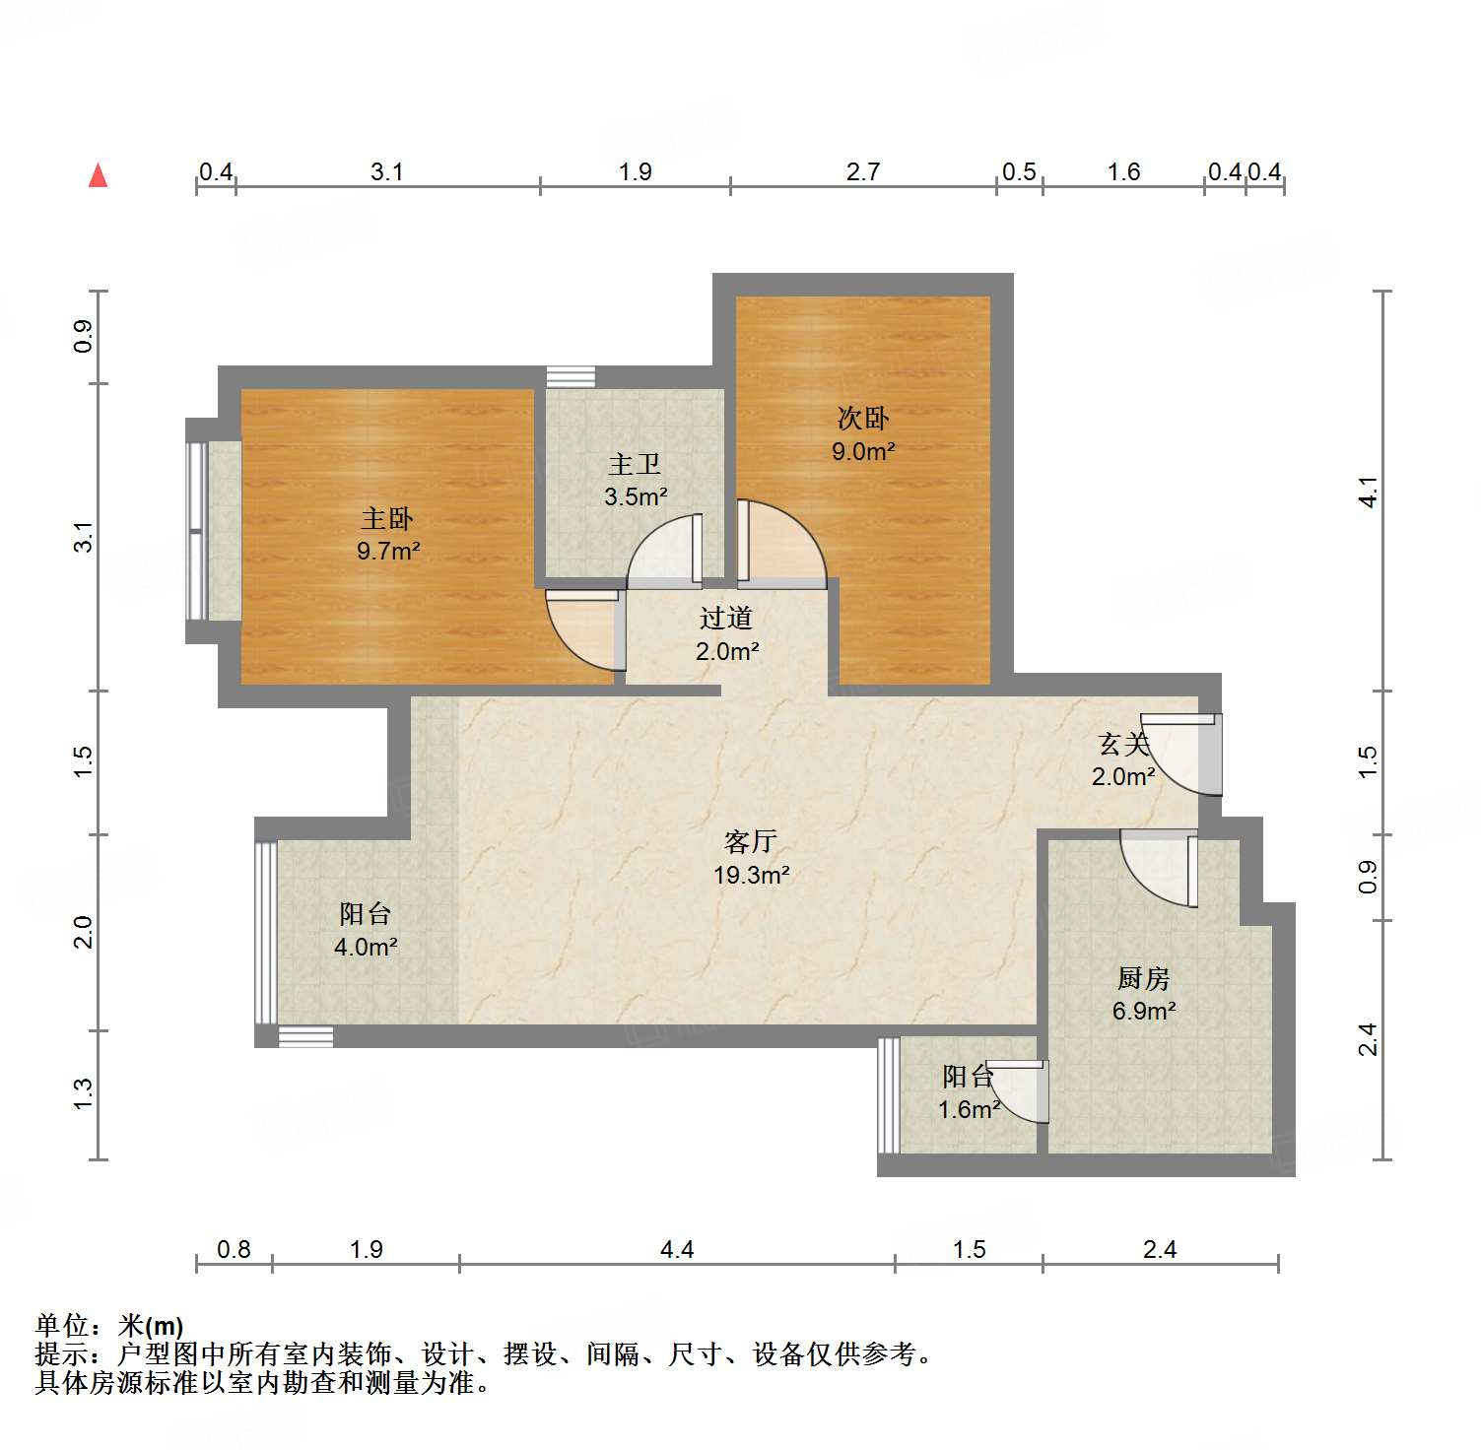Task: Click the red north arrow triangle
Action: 98,175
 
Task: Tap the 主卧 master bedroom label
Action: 387,518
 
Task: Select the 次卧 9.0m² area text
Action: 863,451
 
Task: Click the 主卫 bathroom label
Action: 635,464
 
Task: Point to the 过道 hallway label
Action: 726,618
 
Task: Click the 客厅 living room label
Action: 751,841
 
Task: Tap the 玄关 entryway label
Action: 1123,744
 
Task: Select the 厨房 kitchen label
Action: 1143,978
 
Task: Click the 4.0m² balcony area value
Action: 366,947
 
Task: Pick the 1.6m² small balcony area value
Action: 969,1110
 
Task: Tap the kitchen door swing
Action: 1164,868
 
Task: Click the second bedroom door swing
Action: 778,545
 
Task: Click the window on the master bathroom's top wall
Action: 571,376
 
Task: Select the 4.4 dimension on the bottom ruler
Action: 677,1249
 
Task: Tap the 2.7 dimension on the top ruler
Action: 862,171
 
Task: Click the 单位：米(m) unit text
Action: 109,1326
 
